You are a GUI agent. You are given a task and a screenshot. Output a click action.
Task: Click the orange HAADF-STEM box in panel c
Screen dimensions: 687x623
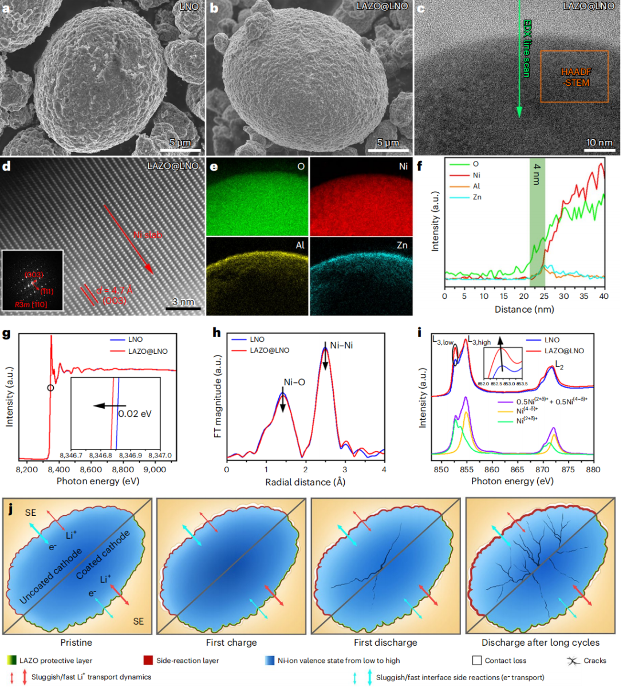click(x=574, y=77)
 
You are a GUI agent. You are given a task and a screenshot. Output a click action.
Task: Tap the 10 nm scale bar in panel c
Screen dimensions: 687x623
click(x=598, y=151)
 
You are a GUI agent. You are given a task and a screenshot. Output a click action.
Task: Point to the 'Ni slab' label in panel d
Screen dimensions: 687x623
click(x=148, y=235)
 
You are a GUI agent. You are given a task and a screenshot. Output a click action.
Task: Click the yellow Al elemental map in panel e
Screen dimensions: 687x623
click(x=258, y=276)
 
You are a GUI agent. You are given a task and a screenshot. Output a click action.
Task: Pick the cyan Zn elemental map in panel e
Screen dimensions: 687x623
click(x=361, y=276)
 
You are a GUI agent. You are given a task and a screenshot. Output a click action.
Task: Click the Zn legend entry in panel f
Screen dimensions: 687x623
click(x=477, y=197)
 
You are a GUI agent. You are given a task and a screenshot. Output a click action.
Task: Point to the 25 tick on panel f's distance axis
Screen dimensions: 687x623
click(x=544, y=296)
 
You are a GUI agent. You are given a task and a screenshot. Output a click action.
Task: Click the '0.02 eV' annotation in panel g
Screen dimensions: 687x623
click(x=135, y=413)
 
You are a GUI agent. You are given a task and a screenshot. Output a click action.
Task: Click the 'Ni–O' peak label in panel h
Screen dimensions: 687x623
click(x=294, y=382)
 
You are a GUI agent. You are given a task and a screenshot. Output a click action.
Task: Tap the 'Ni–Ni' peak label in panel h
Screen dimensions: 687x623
click(x=341, y=345)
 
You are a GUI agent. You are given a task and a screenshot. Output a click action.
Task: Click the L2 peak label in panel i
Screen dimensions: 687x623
click(x=559, y=365)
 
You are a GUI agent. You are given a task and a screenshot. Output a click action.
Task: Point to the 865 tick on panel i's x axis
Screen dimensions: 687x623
click(x=517, y=469)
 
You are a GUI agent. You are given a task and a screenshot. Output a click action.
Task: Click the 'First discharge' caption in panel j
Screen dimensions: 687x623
click(x=385, y=642)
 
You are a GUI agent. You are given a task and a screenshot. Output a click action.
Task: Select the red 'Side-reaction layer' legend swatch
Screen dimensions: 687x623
click(x=148, y=661)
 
